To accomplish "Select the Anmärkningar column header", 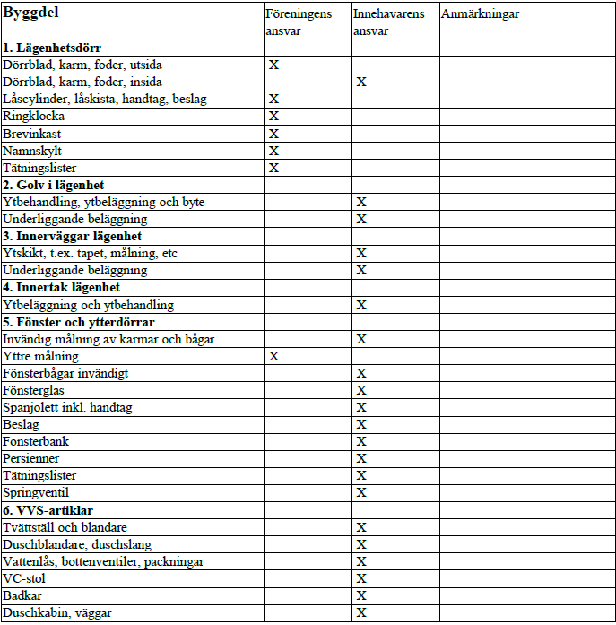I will coord(480,14).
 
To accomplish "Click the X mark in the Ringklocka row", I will coord(274,117).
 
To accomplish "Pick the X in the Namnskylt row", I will coord(274,151).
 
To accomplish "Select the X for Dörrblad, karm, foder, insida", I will coord(361,82).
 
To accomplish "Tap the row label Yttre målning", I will coord(40,356).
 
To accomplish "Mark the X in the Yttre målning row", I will coord(274,357).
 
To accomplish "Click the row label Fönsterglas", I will coord(34,390).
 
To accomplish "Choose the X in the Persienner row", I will coord(361,459).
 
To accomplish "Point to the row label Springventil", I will coord(36,492).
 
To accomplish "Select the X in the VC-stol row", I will coord(361,579).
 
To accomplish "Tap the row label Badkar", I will coord(22,595).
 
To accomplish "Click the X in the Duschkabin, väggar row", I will coord(361,613).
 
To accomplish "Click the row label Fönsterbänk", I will coord(36,441).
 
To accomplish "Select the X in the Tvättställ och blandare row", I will coord(361,527).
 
